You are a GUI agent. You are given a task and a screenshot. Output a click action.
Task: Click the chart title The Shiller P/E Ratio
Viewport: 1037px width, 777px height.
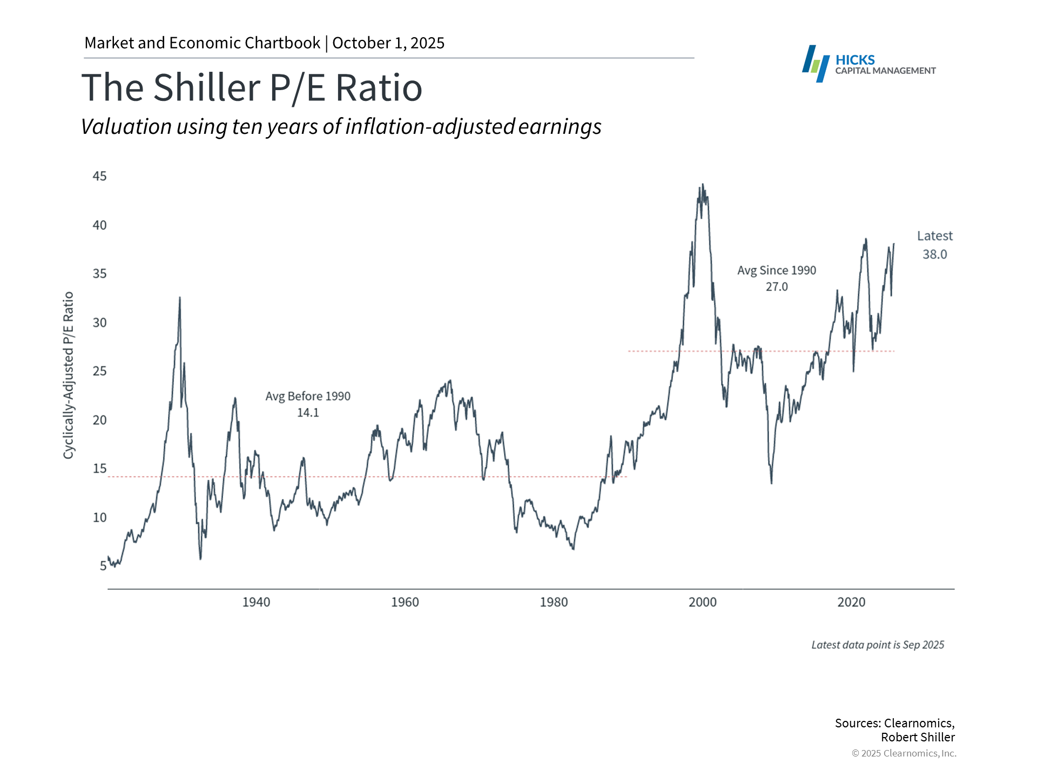(x=252, y=87)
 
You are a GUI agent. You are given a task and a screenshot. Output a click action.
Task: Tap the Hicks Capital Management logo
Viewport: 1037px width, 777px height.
(x=868, y=64)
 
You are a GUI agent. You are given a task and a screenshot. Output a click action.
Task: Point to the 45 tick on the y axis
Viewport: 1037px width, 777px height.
(x=99, y=176)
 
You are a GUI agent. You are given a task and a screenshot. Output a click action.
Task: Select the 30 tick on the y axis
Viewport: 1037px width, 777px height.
(x=99, y=323)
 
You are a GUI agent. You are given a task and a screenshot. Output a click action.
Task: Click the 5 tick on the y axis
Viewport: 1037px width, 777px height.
(x=103, y=566)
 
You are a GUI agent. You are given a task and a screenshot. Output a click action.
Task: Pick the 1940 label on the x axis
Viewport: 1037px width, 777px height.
(x=256, y=602)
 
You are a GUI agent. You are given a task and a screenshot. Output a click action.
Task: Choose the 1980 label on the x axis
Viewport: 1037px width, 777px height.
(x=554, y=602)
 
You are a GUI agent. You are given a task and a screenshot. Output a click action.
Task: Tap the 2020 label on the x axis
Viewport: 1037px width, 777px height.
(x=851, y=602)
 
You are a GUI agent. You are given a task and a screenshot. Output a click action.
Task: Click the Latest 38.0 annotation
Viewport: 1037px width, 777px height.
(x=934, y=245)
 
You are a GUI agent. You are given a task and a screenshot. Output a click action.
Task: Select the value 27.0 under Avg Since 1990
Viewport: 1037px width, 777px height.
(x=777, y=287)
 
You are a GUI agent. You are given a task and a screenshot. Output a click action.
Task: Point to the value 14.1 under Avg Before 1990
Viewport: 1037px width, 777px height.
(x=308, y=413)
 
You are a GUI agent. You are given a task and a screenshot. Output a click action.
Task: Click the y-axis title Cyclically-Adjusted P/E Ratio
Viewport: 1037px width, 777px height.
(x=69, y=376)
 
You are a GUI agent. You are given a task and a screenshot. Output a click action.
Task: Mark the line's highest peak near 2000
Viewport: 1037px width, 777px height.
(x=703, y=184)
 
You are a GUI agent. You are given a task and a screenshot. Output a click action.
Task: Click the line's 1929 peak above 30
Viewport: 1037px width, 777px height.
(x=180, y=297)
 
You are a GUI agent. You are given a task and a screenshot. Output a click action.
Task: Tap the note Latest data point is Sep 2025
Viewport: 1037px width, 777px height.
(x=878, y=645)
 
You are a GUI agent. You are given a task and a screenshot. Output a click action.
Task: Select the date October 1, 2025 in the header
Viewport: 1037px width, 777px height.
(x=388, y=43)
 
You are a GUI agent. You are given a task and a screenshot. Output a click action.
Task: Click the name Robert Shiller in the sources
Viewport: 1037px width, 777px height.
(x=918, y=738)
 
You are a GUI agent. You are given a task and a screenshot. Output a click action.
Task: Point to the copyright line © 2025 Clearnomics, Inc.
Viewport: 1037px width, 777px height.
(x=904, y=753)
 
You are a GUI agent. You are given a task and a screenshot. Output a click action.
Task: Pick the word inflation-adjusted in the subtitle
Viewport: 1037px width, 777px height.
(x=430, y=127)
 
